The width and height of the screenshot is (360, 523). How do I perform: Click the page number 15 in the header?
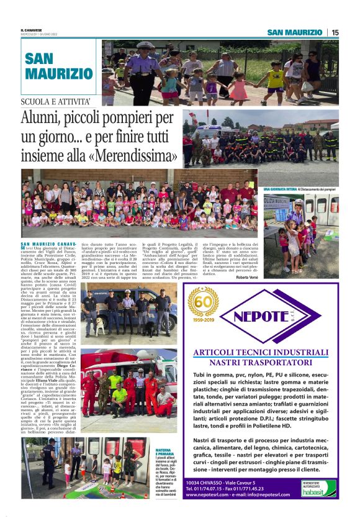click(x=335, y=32)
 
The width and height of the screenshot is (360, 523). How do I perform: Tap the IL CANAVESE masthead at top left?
click(x=31, y=30)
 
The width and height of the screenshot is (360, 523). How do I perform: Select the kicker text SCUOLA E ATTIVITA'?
click(x=56, y=101)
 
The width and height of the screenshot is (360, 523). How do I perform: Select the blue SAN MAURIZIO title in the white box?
click(x=59, y=66)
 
